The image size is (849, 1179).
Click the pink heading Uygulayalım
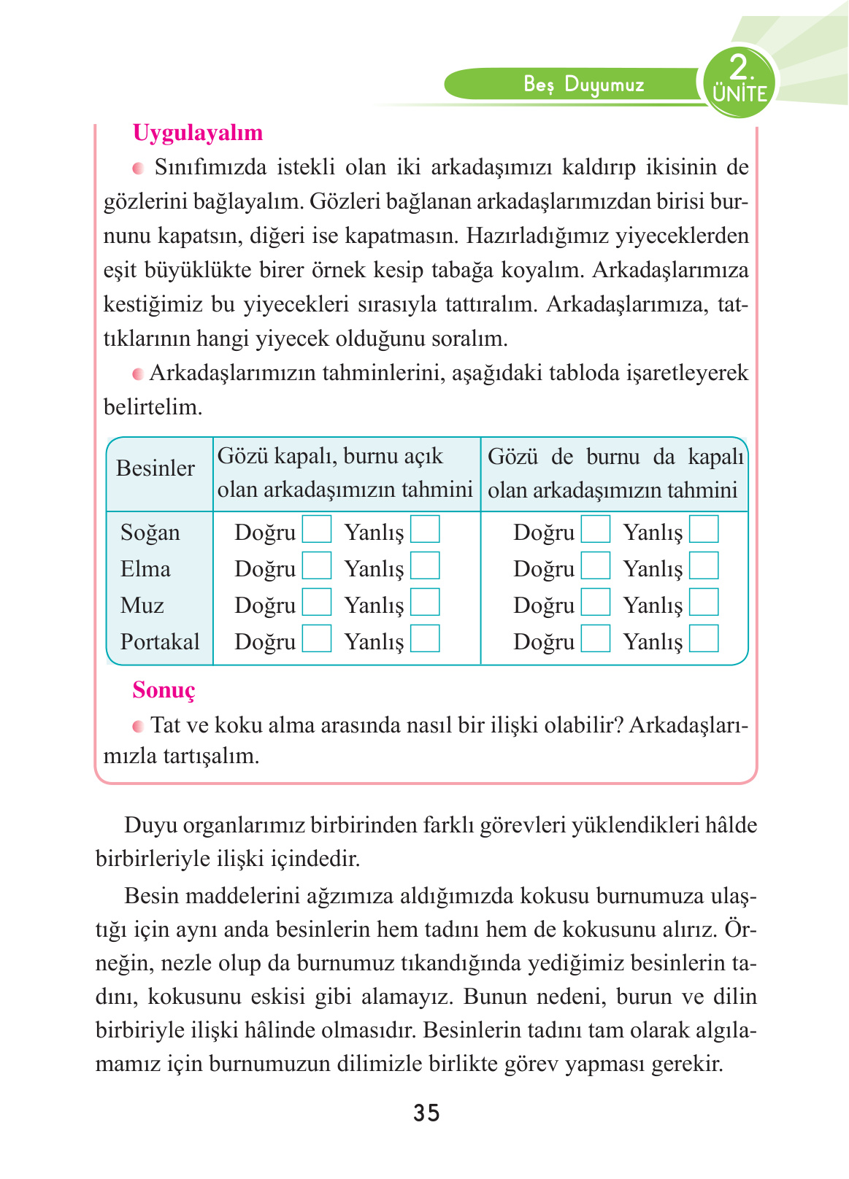point(197,133)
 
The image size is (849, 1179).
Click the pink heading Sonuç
point(164,690)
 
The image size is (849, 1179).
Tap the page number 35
point(426,1113)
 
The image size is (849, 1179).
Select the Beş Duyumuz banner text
point(584,85)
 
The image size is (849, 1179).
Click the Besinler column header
point(155,468)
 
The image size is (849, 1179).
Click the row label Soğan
point(150,533)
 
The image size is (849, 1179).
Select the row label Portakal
point(160,642)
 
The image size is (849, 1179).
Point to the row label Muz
point(142,606)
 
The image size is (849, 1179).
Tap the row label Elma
point(145,569)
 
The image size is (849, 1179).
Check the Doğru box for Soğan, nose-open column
point(317,530)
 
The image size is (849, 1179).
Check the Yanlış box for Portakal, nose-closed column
point(704,639)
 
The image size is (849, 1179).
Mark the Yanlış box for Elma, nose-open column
point(425,566)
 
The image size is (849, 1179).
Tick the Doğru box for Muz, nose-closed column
point(596,603)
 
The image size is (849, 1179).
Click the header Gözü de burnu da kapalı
point(615,473)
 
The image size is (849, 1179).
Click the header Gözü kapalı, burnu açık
point(345,473)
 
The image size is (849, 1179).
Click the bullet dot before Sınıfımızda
point(138,169)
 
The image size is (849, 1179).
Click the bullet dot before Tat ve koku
point(138,727)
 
